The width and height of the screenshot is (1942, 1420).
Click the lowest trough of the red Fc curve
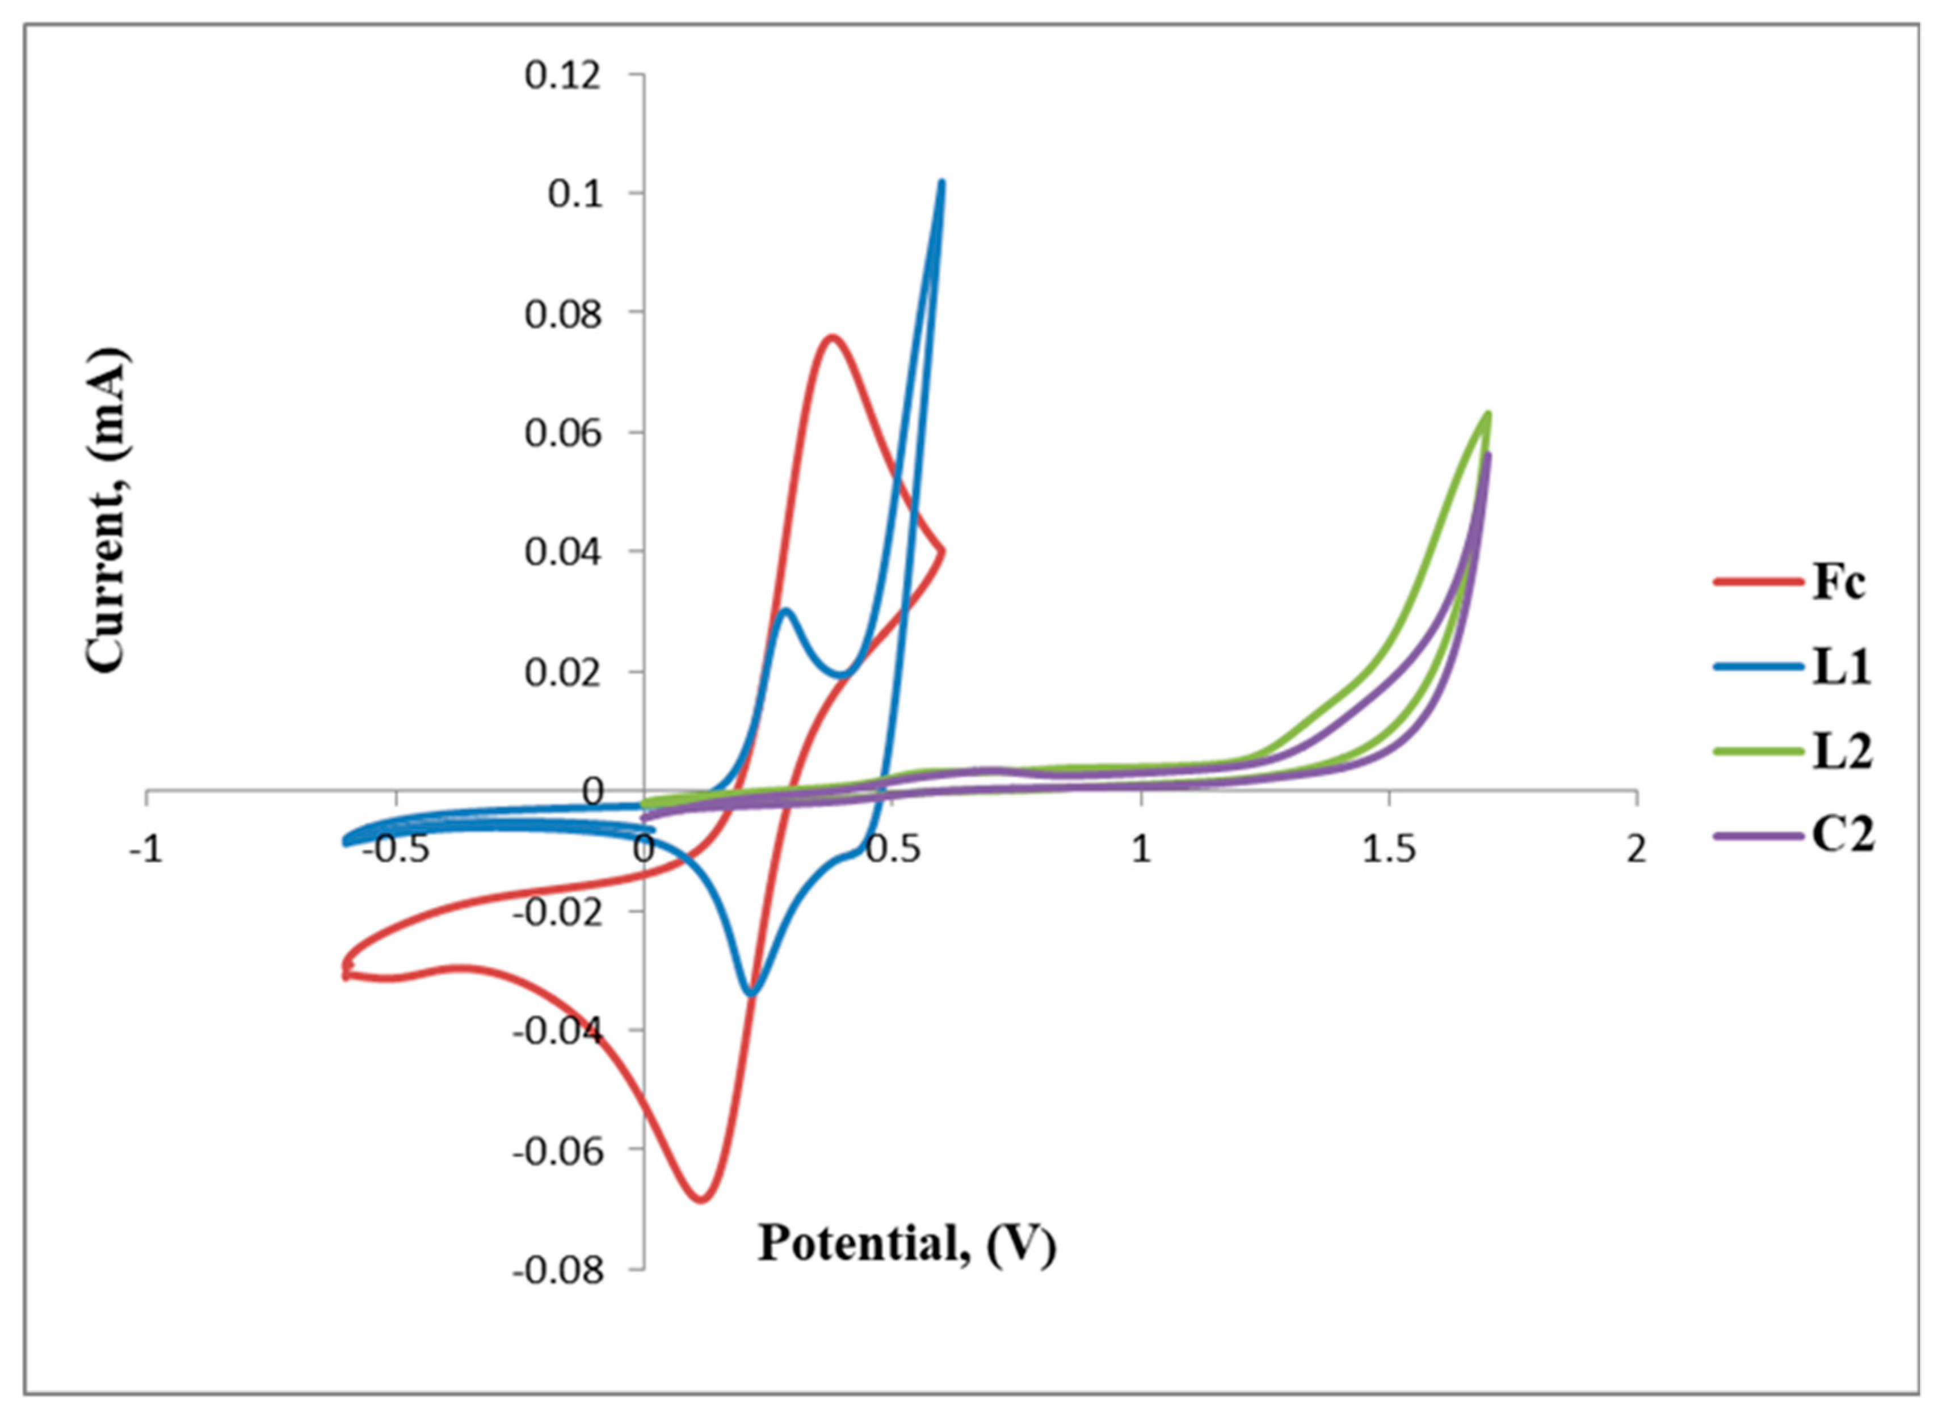click(x=701, y=1199)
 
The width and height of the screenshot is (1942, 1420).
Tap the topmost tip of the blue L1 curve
click(x=942, y=182)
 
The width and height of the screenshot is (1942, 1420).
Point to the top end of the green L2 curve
click(x=1487, y=414)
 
